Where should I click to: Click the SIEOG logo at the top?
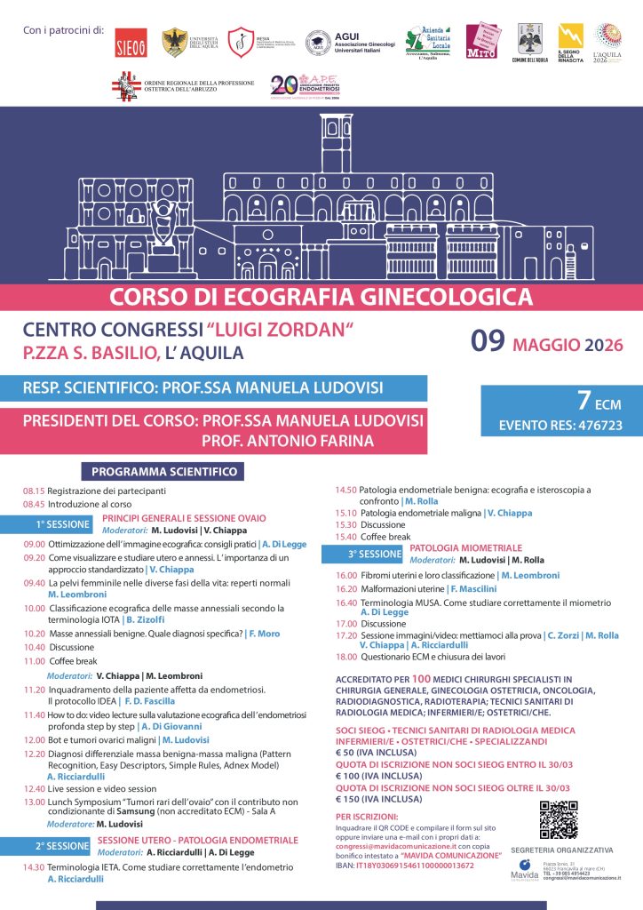pyautogui.click(x=132, y=43)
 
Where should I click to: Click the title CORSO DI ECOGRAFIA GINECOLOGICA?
pyautogui.click(x=321, y=295)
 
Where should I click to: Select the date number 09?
pyautogui.click(x=488, y=342)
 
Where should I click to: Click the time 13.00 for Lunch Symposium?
pyautogui.click(x=35, y=802)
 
